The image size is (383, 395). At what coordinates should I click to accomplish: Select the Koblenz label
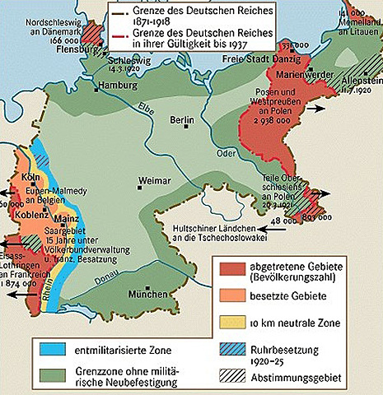click(32, 215)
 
